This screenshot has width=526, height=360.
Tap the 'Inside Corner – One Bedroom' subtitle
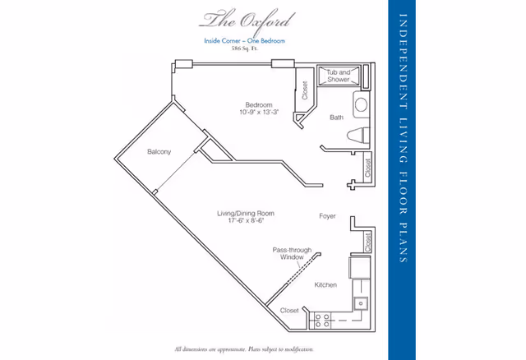click(245, 39)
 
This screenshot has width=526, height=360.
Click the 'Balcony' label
click(159, 152)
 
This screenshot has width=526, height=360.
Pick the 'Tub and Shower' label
click(339, 76)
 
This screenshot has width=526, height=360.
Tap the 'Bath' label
click(337, 118)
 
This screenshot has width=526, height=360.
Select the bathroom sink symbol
click(361, 104)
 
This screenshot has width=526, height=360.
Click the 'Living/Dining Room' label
click(245, 214)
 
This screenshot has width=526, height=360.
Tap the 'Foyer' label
click(328, 216)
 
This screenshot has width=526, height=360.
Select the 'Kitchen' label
click(325, 284)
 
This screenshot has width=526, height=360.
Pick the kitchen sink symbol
click(359, 304)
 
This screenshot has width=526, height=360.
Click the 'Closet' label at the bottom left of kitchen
click(290, 311)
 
